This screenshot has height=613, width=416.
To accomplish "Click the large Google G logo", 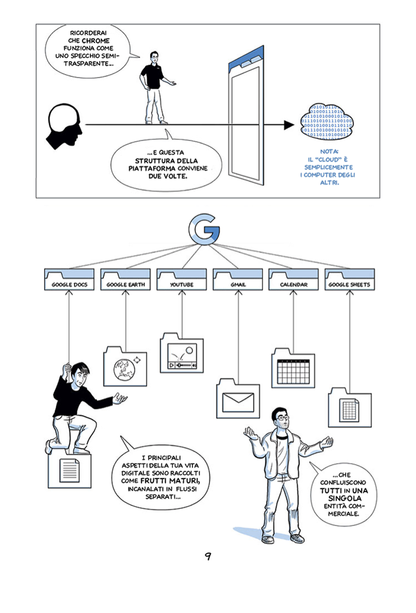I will [x=204, y=230].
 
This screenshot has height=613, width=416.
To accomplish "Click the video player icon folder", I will [x=182, y=354].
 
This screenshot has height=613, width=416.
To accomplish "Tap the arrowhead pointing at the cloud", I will [x=289, y=125].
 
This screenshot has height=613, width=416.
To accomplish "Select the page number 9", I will [x=208, y=556].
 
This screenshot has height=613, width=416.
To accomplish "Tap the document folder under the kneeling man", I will [x=70, y=471].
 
